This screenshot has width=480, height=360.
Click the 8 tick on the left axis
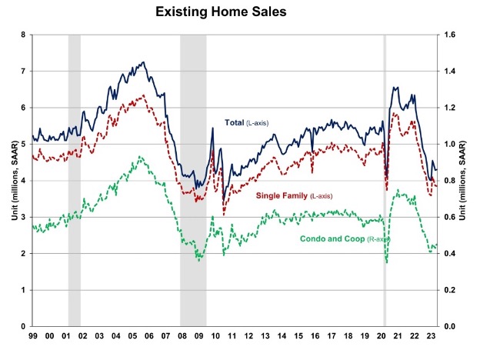tap(24, 35)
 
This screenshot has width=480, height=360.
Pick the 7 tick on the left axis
tap(24, 71)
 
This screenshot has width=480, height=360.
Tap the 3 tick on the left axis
tap(24, 217)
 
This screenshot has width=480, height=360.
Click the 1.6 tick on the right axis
tap(450, 35)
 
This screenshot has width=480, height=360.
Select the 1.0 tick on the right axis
tap(450, 144)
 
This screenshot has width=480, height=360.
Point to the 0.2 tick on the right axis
tap(450, 290)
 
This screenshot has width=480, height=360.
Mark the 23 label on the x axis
tap(434, 336)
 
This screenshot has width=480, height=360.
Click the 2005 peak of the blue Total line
tap(143, 62)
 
